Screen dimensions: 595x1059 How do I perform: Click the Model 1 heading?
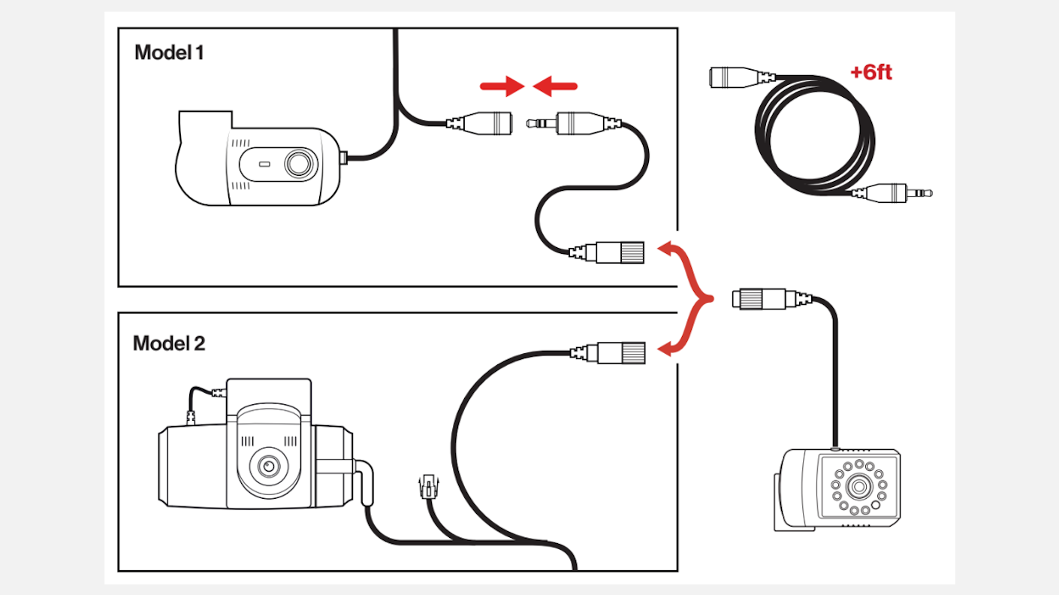tap(169, 53)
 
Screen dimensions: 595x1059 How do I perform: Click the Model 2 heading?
tap(169, 343)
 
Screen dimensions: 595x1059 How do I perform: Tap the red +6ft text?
tap(871, 73)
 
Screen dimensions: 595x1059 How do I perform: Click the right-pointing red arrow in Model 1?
tap(502, 86)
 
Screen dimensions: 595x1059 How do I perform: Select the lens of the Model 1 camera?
tap(300, 163)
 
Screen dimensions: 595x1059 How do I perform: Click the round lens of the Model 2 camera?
tap(267, 467)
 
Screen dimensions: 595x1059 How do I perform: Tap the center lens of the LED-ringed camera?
tap(856, 485)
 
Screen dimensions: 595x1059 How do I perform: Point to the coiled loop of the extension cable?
tap(815, 135)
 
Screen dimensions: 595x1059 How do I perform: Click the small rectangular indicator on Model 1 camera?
tap(264, 163)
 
